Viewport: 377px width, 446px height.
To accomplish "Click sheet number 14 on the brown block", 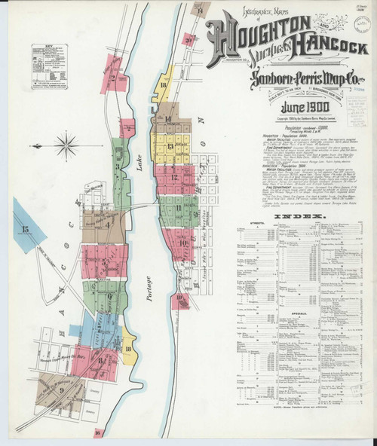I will point(168,119).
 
